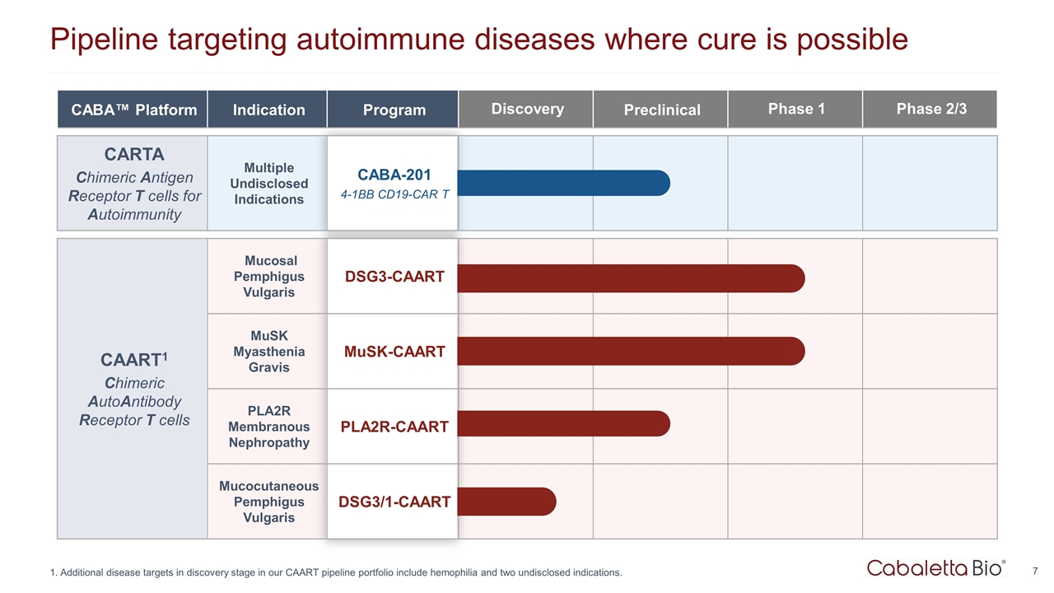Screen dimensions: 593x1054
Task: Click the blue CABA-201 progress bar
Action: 564,183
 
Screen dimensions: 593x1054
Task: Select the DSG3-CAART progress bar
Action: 630,278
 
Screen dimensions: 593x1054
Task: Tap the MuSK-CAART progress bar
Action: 630,351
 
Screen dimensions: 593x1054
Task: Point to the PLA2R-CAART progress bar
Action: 564,423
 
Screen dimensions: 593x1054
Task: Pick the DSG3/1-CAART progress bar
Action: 506,502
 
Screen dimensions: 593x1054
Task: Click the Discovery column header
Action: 527,109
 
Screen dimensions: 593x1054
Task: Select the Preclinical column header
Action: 662,110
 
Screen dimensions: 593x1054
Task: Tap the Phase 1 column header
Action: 796,109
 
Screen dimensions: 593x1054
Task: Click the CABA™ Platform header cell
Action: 133,110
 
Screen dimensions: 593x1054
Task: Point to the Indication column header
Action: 268,110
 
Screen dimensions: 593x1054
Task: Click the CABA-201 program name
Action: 394,175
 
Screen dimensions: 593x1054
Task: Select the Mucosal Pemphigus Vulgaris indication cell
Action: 268,277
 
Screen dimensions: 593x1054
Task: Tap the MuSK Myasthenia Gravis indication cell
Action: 268,352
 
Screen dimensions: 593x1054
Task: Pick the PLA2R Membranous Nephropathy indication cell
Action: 268,427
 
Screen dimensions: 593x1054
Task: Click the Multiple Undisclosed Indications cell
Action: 268,184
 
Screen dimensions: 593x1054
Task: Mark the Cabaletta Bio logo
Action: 935,567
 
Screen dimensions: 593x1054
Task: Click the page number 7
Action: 1033,570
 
